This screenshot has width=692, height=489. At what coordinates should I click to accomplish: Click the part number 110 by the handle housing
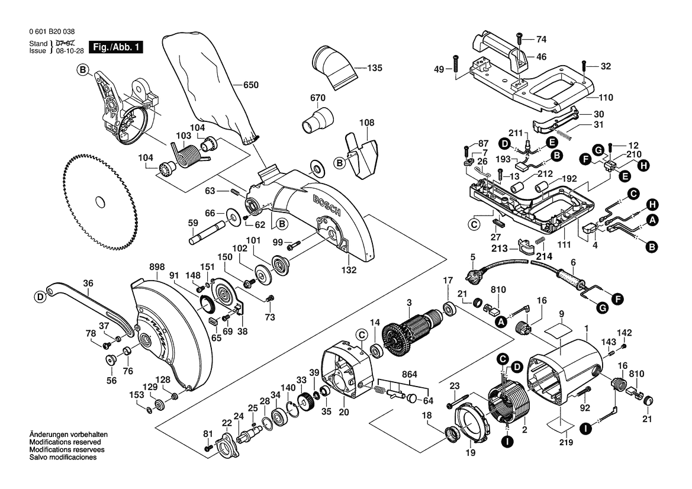click(x=606, y=98)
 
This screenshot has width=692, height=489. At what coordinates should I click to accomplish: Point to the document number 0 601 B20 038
click(x=52, y=32)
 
